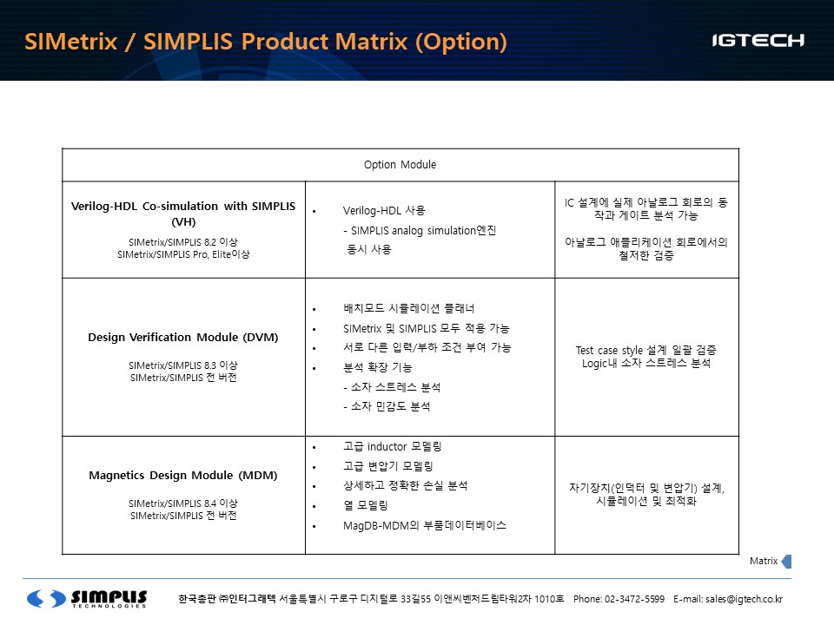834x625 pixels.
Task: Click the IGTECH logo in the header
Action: (x=758, y=41)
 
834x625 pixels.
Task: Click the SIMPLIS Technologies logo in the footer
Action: (x=87, y=598)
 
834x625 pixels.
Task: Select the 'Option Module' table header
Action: (x=400, y=165)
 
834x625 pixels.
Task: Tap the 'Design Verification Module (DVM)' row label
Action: (x=183, y=338)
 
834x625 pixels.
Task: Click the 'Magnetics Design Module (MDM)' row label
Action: (x=183, y=475)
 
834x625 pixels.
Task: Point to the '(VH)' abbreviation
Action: (x=183, y=221)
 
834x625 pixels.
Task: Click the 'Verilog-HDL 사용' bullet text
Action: (x=384, y=210)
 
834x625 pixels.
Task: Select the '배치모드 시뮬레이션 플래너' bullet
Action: (x=408, y=308)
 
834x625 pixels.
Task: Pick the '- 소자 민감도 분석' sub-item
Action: (x=387, y=406)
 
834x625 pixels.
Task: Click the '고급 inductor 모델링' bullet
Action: (x=392, y=446)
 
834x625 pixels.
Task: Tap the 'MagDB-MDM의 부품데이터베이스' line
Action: (x=425, y=526)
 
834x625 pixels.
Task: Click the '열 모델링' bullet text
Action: (x=366, y=505)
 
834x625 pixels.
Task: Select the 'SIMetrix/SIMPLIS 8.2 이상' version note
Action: (x=183, y=242)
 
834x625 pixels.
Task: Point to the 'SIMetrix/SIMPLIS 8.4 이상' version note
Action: (x=183, y=503)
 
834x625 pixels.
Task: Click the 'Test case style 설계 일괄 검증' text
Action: (x=645, y=350)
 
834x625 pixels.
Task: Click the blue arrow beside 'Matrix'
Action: (x=787, y=562)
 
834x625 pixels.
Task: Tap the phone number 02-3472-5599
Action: (x=634, y=599)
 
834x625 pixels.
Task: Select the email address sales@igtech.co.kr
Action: (x=745, y=599)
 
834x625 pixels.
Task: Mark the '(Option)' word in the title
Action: (x=461, y=43)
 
